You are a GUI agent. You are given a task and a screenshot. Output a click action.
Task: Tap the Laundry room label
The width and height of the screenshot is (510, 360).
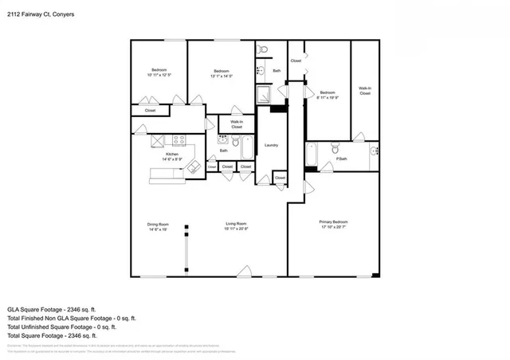(271, 145)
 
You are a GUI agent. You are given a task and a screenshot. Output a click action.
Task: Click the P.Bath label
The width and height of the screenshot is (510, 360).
(341, 158)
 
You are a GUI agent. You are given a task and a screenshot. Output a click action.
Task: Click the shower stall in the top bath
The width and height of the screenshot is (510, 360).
(264, 93)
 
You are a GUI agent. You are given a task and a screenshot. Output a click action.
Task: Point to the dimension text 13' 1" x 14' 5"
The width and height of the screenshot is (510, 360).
(222, 76)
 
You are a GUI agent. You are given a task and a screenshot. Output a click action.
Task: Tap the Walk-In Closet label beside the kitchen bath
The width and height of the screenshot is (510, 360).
(237, 124)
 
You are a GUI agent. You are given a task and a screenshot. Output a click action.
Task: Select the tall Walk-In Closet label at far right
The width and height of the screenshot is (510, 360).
(365, 91)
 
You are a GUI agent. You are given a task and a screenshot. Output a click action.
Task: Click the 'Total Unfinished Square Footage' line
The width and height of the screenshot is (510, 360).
(61, 327)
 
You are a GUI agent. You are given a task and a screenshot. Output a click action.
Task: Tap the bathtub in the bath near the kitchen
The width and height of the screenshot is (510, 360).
(246, 147)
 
